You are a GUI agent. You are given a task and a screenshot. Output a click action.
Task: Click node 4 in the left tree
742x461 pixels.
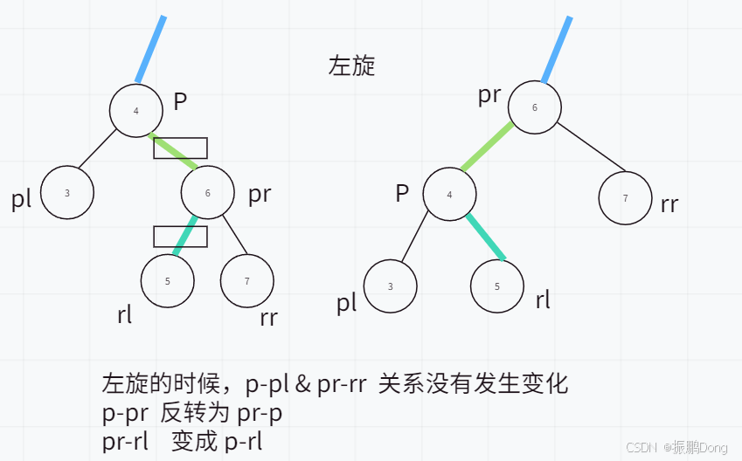tap(136, 111)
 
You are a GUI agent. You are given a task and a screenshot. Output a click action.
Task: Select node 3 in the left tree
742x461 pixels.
tap(67, 192)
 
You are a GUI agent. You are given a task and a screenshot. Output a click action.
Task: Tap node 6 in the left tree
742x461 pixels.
tap(208, 192)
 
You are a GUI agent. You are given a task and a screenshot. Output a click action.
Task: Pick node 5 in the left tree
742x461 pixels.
tap(168, 281)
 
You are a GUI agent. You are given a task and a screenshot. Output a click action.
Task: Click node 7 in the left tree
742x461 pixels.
tap(247, 281)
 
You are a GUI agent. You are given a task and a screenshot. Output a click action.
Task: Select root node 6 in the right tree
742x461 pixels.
tap(535, 107)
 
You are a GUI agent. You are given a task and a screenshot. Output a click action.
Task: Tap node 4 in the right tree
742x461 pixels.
tap(450, 194)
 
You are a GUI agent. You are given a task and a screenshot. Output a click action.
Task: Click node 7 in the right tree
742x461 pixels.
tap(626, 198)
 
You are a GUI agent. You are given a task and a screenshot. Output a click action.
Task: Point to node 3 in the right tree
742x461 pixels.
tap(391, 286)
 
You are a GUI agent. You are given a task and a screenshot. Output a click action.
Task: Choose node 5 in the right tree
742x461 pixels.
tap(497, 286)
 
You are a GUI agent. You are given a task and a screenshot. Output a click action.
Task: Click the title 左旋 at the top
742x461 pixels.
tap(351, 66)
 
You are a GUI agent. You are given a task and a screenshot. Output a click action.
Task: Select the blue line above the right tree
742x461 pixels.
tap(557, 49)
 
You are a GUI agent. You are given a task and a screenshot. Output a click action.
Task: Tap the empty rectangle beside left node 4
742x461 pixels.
tap(180, 148)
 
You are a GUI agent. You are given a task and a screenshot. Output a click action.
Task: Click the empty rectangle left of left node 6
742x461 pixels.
tap(180, 237)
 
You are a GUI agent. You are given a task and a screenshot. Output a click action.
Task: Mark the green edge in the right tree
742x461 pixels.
tap(487, 146)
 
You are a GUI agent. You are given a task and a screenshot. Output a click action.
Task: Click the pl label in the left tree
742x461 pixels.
tap(21, 199)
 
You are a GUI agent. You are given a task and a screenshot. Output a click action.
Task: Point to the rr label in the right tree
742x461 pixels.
tap(669, 204)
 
